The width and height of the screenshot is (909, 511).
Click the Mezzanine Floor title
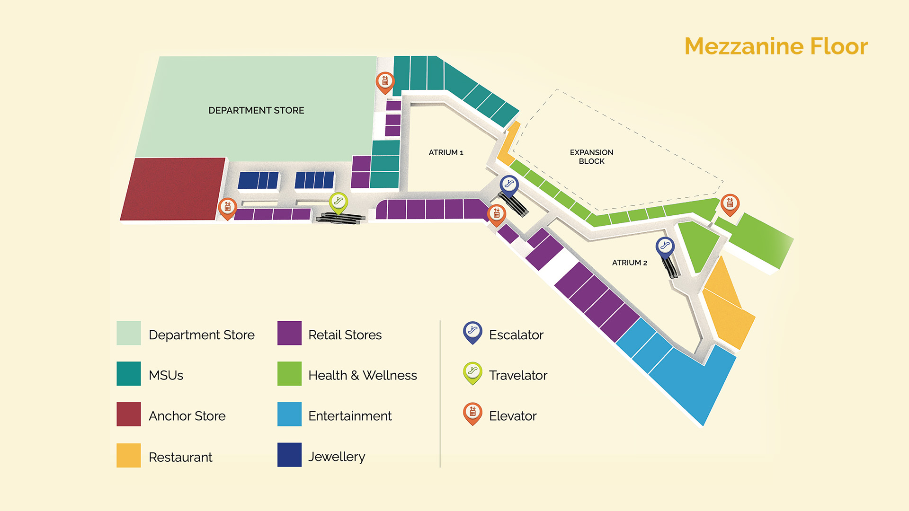click(x=775, y=46)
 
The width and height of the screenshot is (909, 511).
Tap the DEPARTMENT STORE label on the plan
click(x=256, y=110)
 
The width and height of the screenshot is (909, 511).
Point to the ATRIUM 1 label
click(x=446, y=152)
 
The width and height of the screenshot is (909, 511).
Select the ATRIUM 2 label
click(x=629, y=263)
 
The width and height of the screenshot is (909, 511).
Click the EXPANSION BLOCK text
click(x=591, y=157)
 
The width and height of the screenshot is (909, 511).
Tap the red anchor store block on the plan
click(x=173, y=189)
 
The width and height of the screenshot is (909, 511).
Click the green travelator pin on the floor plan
click(x=339, y=202)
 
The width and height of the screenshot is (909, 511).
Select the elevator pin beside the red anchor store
click(x=227, y=207)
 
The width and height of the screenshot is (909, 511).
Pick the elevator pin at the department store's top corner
click(x=385, y=82)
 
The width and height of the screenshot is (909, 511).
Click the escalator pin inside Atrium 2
click(x=665, y=246)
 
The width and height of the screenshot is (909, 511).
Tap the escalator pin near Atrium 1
click(x=509, y=185)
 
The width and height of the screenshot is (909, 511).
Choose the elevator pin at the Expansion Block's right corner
click(x=730, y=203)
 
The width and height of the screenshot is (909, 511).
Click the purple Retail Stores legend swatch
click(x=289, y=333)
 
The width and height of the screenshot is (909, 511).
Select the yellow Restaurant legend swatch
click(x=128, y=455)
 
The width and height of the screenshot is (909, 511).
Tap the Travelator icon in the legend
click(x=472, y=372)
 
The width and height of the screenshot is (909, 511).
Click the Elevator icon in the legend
click(x=472, y=413)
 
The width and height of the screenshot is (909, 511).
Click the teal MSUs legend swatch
click(x=128, y=374)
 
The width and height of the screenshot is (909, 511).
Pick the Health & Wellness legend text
click(x=362, y=375)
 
